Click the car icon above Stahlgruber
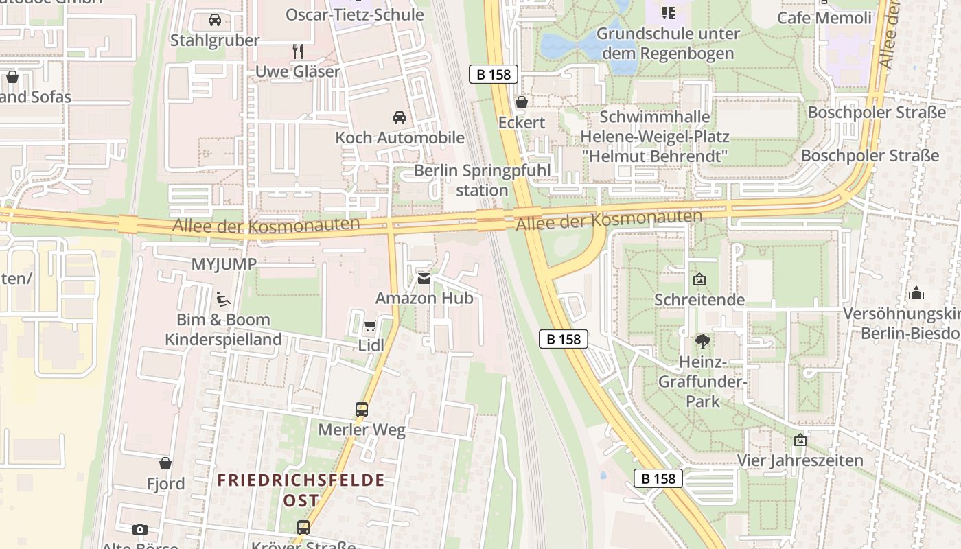pos(215,20)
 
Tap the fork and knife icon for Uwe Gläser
pos(298,51)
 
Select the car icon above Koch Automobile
pos(400,117)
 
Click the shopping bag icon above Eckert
pos(522,102)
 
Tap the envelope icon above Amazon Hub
pos(424,279)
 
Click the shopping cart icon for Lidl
pos(371,326)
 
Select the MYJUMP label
pos(224,264)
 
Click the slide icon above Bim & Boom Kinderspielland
pos(223,299)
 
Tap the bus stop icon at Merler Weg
pos(362,410)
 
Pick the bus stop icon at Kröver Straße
pos(303,527)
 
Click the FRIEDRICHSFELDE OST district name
pos(301,489)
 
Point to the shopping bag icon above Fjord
pos(165,463)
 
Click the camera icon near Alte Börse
pos(140,529)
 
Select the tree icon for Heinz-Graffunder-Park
pos(702,341)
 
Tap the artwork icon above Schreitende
pos(699,279)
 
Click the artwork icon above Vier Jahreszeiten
pos(800,440)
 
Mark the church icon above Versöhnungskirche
pos(916,294)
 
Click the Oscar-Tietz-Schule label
pos(354,14)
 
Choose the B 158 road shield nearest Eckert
pos(494,74)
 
